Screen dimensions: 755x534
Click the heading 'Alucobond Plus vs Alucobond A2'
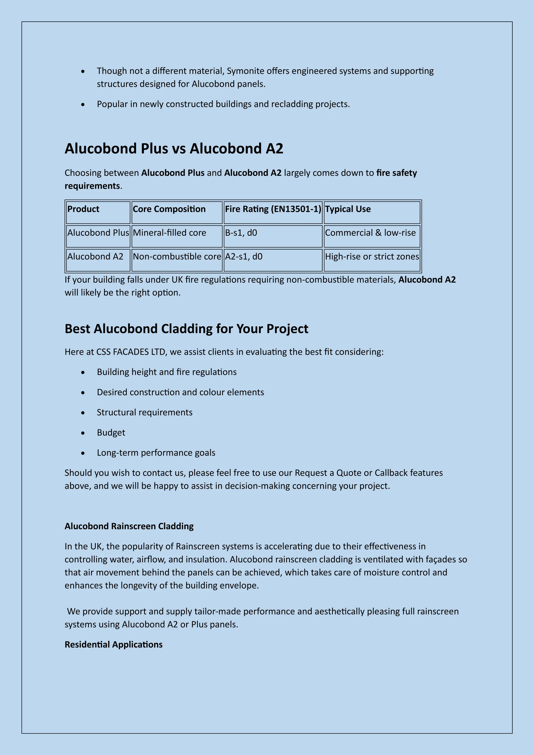(174, 149)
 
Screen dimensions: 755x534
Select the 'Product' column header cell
(98, 212)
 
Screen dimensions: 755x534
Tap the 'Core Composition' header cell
(177, 212)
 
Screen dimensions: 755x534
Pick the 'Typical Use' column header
(372, 212)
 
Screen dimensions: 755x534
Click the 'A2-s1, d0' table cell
(273, 260)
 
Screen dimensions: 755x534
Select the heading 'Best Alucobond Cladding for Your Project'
(186, 329)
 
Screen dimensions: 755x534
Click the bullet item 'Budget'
(111, 433)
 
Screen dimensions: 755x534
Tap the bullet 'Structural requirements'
(144, 412)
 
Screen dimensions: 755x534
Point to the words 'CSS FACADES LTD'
(131, 352)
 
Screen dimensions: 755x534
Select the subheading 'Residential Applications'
(113, 644)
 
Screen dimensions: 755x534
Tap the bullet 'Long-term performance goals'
(156, 453)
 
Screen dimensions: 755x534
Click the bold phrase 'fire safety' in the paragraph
(397, 173)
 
